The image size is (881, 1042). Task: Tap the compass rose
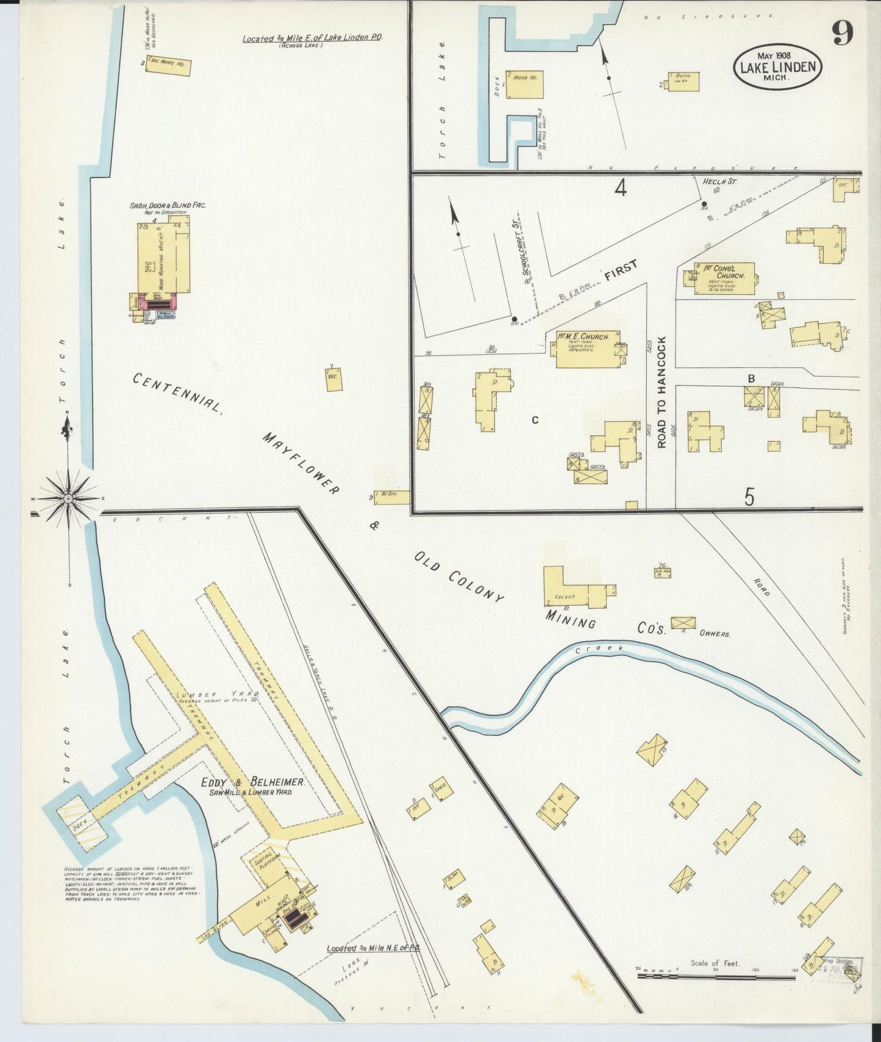tap(69, 498)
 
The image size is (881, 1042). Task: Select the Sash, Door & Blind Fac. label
tap(168, 205)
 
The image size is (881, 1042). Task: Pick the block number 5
tap(749, 497)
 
